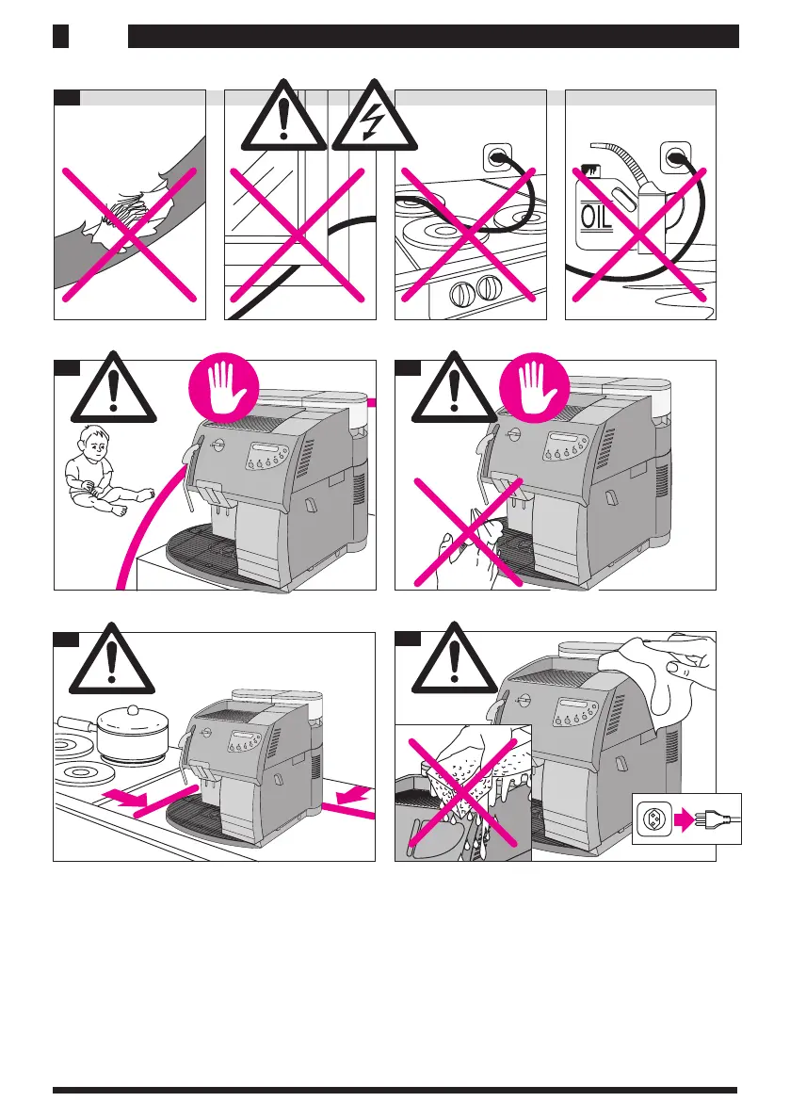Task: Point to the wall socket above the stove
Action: point(497,156)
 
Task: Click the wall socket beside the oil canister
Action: point(675,156)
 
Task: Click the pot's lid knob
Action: point(132,707)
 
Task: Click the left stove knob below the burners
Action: point(461,295)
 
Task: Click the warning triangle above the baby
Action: point(113,392)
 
